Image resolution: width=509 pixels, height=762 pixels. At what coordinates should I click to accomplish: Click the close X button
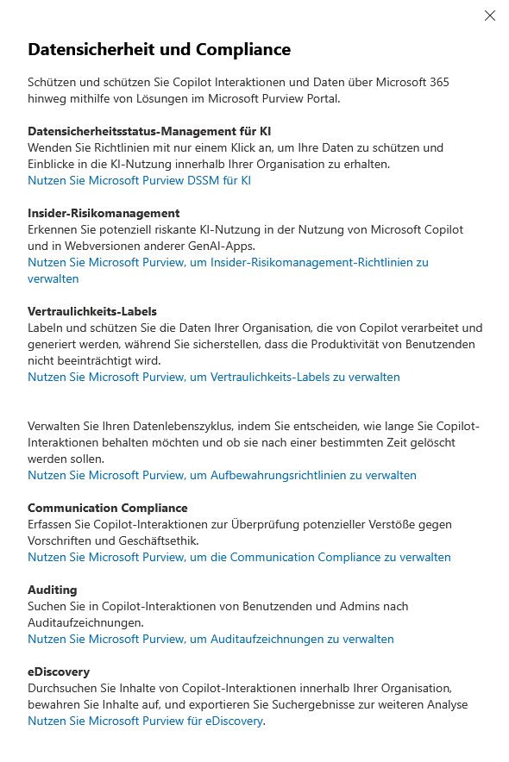coord(490,16)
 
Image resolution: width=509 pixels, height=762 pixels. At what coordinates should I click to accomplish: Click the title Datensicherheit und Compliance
coord(159,50)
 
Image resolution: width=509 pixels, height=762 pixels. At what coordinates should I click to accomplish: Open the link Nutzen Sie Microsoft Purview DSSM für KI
coord(139,180)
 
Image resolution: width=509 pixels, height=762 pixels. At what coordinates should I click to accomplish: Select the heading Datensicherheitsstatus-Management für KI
coord(149,132)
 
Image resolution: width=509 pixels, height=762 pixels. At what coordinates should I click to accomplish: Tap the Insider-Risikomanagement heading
coord(104,213)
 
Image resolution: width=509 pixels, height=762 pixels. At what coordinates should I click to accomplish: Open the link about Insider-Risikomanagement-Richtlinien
coord(228,262)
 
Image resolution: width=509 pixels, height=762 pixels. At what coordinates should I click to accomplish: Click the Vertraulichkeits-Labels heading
coord(92,311)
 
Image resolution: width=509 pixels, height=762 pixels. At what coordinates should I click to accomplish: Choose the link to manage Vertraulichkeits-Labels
coord(213,377)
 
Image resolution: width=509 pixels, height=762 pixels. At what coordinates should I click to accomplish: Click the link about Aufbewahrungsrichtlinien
coord(222,475)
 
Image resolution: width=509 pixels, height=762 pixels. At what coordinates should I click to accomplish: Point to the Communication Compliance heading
coord(107,508)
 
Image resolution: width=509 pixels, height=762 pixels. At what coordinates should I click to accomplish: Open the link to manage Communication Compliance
coord(239,557)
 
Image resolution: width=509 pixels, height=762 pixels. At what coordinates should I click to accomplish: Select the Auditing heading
coord(52,590)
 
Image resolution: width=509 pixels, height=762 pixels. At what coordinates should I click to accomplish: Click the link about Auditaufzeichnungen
coord(211,639)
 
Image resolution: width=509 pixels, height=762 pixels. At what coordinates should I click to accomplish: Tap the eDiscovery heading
coord(59,671)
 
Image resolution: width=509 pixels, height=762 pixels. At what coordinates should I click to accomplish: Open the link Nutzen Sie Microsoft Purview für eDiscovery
coord(145,721)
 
